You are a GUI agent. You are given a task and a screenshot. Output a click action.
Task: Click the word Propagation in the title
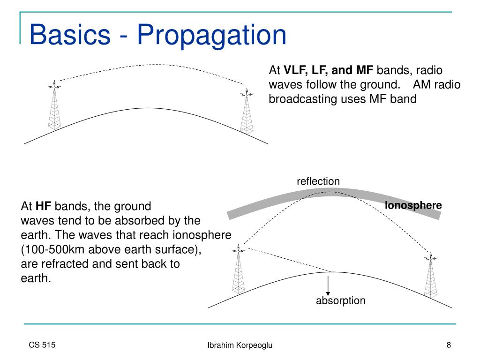click(x=211, y=36)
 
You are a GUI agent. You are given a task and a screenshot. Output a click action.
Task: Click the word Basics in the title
click(x=70, y=36)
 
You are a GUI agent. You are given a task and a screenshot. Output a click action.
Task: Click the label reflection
click(x=318, y=181)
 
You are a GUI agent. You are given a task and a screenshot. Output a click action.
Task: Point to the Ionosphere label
click(x=413, y=205)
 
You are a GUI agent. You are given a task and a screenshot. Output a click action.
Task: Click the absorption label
click(x=340, y=300)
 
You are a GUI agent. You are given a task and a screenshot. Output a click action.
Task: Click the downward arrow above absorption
click(x=328, y=285)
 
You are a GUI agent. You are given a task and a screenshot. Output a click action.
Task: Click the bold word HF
click(x=43, y=206)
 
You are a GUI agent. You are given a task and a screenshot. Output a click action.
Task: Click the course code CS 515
click(x=42, y=345)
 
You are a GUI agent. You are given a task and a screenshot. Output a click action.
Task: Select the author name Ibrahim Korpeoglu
click(x=240, y=345)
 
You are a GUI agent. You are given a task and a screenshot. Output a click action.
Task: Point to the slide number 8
click(x=449, y=345)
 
